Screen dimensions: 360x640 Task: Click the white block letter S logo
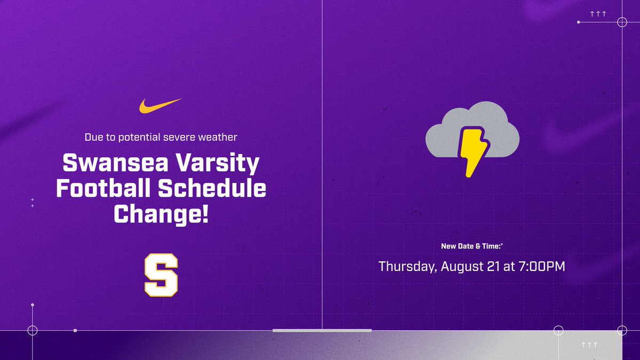(161, 275)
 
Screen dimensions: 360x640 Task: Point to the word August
(461, 266)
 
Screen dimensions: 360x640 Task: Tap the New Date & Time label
(471, 246)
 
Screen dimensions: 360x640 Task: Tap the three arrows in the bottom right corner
(589, 345)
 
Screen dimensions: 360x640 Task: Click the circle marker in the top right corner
(622, 22)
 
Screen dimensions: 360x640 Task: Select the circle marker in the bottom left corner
(33, 330)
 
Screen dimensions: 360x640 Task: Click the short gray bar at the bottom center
(322, 331)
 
